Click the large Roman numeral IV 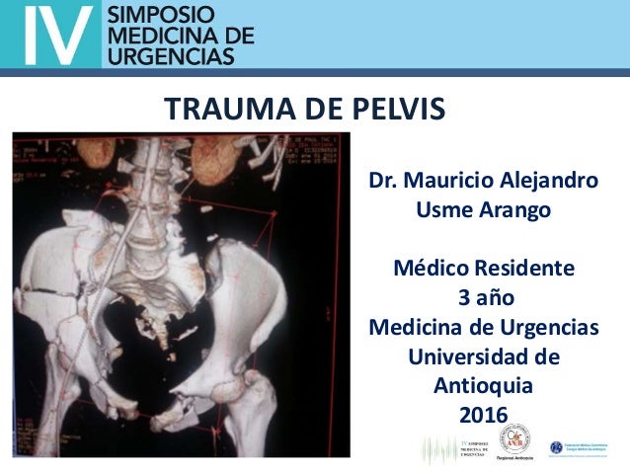(x=51, y=36)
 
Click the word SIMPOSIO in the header (x=152, y=16)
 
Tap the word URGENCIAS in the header (x=169, y=55)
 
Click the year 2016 (x=483, y=413)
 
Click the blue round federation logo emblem (x=556, y=446)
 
